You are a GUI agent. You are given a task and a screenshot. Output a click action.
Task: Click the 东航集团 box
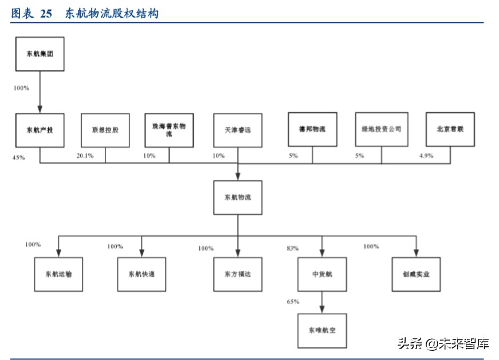click(x=40, y=54)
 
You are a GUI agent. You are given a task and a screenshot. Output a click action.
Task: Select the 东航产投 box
click(x=40, y=130)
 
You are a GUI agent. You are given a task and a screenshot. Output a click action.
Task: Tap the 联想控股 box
click(x=105, y=130)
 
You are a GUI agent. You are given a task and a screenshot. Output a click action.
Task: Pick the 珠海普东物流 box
click(x=169, y=130)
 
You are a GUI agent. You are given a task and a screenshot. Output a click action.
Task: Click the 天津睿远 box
click(x=237, y=130)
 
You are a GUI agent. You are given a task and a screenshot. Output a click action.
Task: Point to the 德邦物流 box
click(x=312, y=129)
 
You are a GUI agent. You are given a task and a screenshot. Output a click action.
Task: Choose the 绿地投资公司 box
click(x=381, y=129)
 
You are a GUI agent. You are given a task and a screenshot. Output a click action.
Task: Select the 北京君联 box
click(x=450, y=129)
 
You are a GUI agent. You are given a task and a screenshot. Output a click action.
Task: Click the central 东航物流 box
click(x=237, y=197)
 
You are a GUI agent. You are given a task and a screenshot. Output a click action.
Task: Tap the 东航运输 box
click(x=58, y=274)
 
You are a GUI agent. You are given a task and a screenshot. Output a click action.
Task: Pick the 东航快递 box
click(x=142, y=274)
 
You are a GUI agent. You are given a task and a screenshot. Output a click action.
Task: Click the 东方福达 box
click(x=237, y=274)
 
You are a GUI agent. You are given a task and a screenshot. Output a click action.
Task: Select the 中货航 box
click(x=321, y=274)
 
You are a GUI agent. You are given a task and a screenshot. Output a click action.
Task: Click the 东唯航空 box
click(x=321, y=331)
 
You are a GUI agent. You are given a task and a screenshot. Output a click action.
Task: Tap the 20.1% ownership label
click(x=85, y=155)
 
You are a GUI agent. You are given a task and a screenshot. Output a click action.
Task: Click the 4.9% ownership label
click(x=426, y=155)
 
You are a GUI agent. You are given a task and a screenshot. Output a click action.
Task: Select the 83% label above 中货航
click(x=293, y=248)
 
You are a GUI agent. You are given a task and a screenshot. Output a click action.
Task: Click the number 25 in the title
click(x=46, y=13)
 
